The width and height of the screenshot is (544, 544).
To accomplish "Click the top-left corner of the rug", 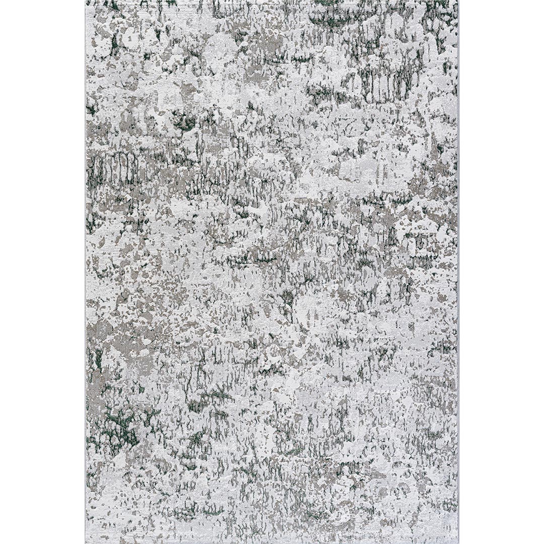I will (x=86, y=1).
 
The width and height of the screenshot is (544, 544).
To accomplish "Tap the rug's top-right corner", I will (x=458, y=1).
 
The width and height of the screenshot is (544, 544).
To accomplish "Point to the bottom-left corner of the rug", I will (x=86, y=543).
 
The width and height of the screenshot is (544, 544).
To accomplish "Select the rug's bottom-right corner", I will (x=458, y=543).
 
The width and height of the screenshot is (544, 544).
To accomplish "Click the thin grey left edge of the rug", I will (x=86, y=272).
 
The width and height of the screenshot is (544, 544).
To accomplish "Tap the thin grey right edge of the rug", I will (x=458, y=272).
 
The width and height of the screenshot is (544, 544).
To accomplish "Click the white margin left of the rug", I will (x=43, y=272).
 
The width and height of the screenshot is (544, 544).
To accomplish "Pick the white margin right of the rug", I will (x=501, y=272).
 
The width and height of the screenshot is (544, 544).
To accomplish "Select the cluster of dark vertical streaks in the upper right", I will (x=388, y=81).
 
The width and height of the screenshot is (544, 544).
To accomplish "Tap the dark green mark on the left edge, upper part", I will (x=92, y=108).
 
